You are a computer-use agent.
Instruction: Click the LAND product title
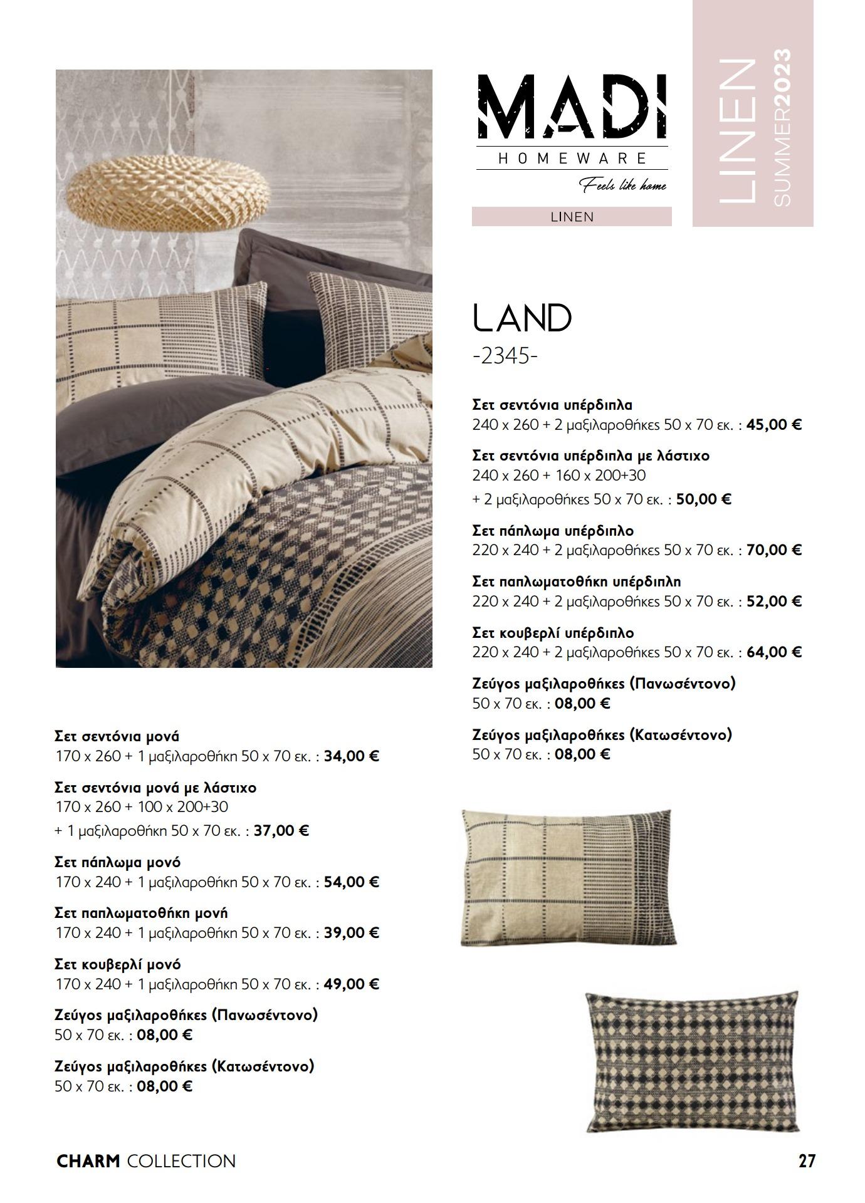click(522, 318)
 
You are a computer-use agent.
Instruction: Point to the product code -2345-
click(505, 356)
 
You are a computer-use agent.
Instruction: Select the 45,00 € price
click(774, 425)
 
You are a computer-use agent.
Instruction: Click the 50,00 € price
click(704, 499)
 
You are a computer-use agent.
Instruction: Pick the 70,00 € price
click(774, 550)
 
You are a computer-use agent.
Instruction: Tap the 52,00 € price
click(774, 601)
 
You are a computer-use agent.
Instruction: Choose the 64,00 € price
click(774, 652)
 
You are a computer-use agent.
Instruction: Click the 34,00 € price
click(352, 756)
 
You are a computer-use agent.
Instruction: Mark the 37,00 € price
click(281, 831)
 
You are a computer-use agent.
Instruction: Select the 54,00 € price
click(352, 882)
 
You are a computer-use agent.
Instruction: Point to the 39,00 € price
click(352, 933)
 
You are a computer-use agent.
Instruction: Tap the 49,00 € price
click(352, 984)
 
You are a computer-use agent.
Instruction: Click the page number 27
click(807, 1161)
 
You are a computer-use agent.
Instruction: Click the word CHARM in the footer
click(88, 1161)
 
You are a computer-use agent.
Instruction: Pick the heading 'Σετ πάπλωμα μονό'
click(118, 862)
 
